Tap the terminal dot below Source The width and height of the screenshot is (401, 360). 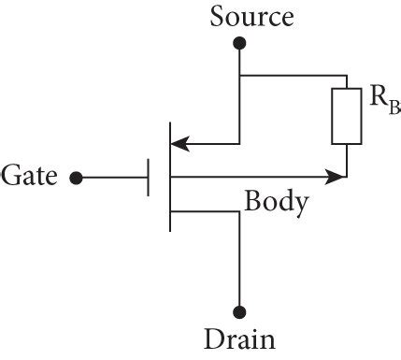pyautogui.click(x=239, y=42)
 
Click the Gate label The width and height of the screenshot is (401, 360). pyautogui.click(x=30, y=175)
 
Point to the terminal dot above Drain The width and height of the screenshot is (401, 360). pyautogui.click(x=239, y=312)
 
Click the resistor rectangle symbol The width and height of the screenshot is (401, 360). pyautogui.click(x=347, y=117)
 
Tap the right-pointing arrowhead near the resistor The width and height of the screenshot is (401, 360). pyautogui.click(x=335, y=175)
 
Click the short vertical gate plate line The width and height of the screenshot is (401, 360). pyautogui.click(x=148, y=176)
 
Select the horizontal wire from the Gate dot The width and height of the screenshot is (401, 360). pyautogui.click(x=113, y=176)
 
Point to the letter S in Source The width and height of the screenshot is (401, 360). pyautogui.click(x=218, y=17)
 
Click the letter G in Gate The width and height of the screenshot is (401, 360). pyautogui.click(x=12, y=175)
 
